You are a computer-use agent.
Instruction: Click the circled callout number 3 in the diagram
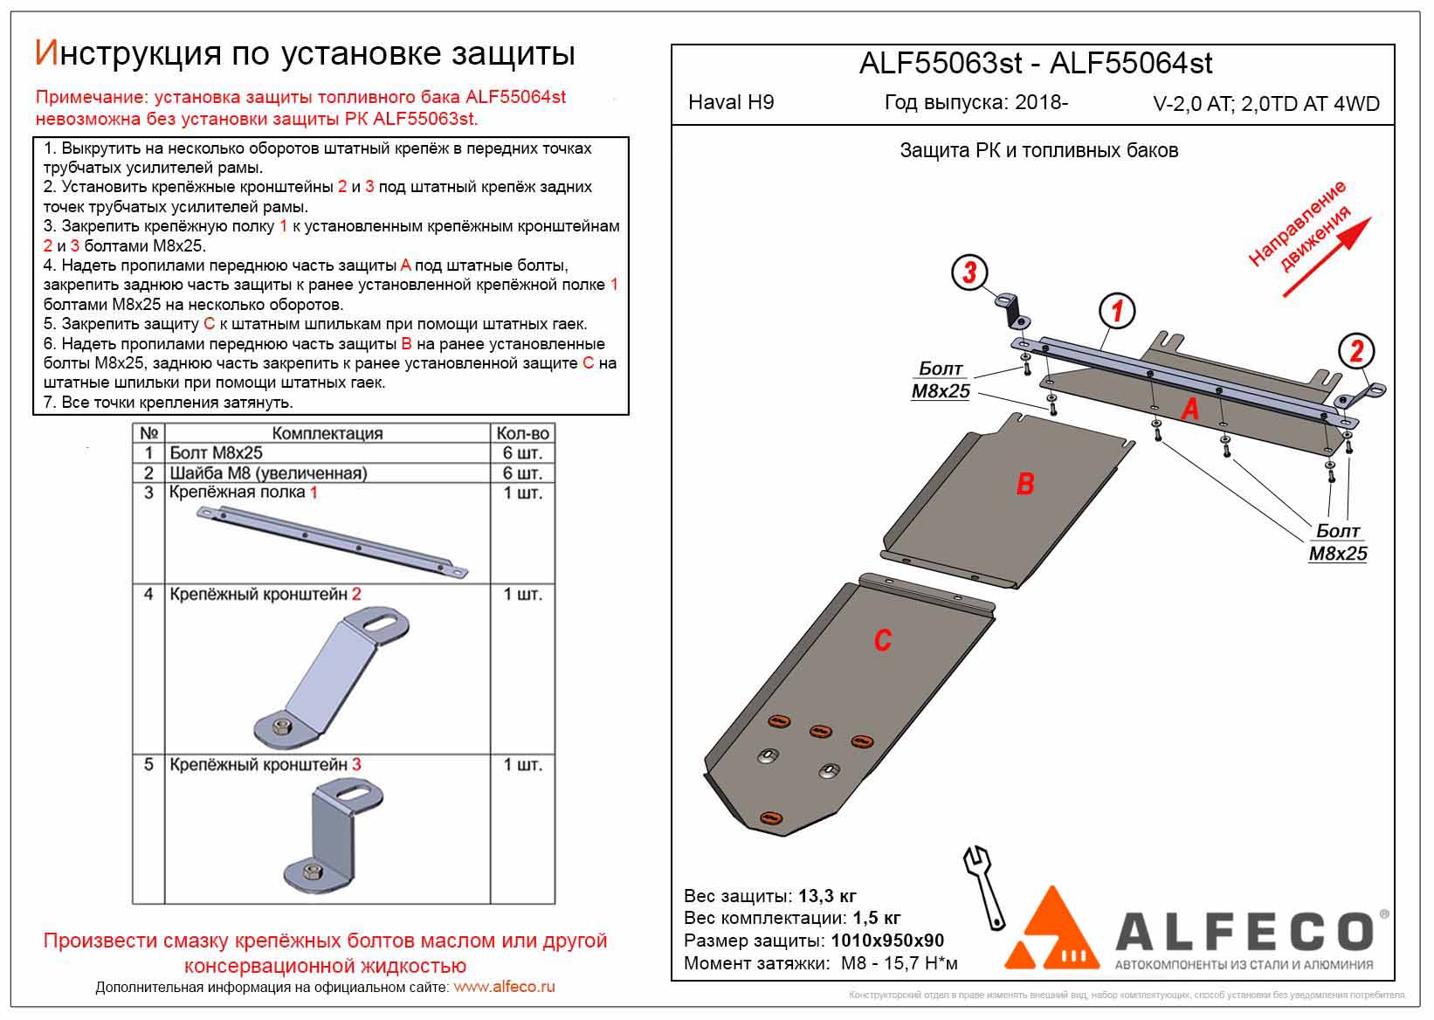(969, 272)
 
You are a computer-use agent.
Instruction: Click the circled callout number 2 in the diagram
(1356, 351)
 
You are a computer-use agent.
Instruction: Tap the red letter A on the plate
(1189, 409)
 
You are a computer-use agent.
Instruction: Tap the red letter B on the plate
(1025, 484)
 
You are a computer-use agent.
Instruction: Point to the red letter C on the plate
(882, 640)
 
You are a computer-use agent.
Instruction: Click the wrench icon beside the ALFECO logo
(984, 886)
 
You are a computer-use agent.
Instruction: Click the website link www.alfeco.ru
(504, 987)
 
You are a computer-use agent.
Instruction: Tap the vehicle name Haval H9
(730, 102)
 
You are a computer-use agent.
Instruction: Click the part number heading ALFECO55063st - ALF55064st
(1036, 63)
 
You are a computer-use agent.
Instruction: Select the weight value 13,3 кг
(827, 896)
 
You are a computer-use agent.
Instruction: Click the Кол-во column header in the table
(522, 433)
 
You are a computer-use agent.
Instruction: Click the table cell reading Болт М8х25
(216, 452)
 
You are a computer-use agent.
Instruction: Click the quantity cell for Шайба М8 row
(522, 472)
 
